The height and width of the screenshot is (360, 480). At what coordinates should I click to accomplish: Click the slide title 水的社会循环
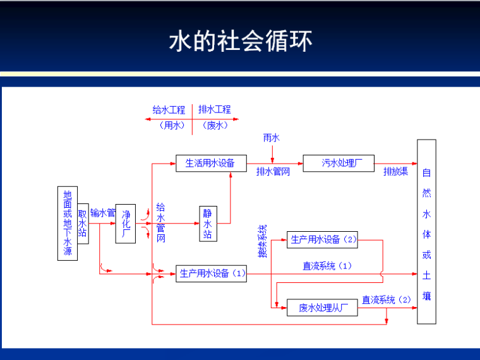point(240,41)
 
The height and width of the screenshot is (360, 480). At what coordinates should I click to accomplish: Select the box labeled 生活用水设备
point(210,163)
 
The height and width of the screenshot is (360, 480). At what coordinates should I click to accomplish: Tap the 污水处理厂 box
point(339,163)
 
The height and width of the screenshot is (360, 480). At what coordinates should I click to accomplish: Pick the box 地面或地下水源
point(68,224)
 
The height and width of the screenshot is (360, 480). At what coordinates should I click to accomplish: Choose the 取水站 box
point(82,224)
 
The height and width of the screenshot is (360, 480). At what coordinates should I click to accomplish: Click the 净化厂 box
point(125,224)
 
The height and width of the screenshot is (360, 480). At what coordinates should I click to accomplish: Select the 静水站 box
point(208,224)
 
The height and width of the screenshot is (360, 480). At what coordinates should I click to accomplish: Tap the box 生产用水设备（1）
point(211,273)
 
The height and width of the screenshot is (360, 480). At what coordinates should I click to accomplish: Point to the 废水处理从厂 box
point(322,308)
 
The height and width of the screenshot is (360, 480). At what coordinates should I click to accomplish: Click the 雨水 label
point(272,137)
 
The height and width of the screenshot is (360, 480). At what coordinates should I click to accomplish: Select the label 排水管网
point(273,172)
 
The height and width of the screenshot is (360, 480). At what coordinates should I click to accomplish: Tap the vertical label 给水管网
point(161,224)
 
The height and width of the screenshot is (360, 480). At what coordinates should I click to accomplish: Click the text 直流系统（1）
point(327,266)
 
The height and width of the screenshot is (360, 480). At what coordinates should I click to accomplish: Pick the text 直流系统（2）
point(386,299)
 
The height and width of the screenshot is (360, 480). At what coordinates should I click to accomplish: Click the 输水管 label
point(102,213)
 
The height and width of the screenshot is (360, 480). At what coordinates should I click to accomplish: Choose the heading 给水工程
point(169,109)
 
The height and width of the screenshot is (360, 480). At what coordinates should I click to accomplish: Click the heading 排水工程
point(215,109)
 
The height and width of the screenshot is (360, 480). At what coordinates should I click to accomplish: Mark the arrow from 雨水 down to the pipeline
point(272,153)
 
